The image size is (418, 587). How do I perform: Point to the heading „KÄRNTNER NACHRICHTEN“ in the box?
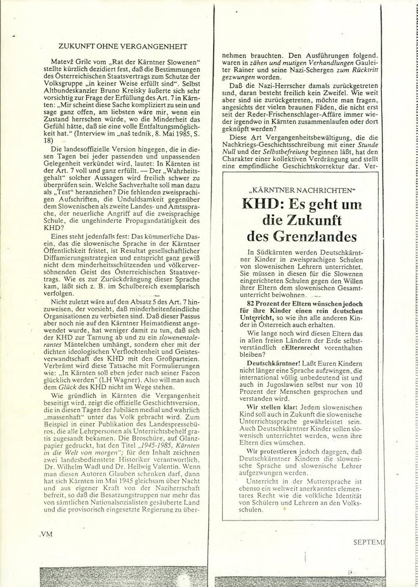pos(301,190)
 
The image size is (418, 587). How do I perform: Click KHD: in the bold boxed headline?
pos(262,205)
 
